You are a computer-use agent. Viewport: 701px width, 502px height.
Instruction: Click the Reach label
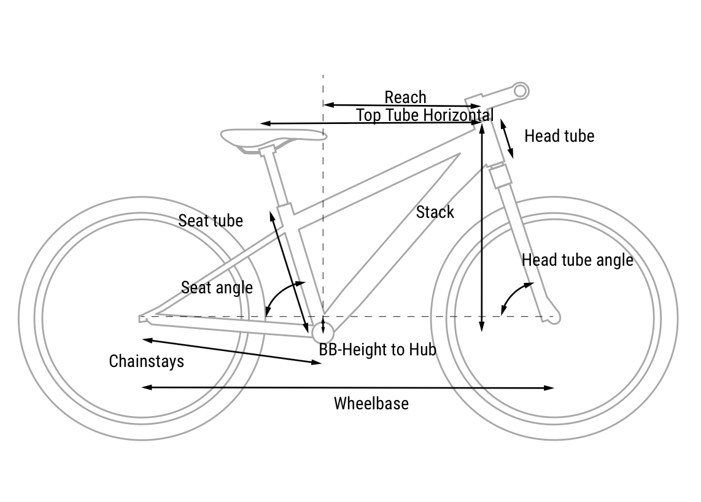click(405, 97)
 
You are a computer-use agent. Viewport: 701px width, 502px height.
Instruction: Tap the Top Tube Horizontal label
click(424, 115)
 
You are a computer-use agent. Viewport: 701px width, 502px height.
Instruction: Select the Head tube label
click(559, 136)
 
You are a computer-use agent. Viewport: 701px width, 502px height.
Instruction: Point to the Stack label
click(435, 212)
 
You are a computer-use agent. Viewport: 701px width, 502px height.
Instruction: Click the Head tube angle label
click(577, 260)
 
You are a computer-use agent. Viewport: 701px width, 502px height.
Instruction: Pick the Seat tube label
click(211, 220)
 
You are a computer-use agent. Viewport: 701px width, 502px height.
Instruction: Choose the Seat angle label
click(217, 287)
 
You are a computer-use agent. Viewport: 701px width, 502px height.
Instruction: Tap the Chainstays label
click(146, 361)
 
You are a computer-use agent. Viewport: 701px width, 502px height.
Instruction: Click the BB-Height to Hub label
click(377, 350)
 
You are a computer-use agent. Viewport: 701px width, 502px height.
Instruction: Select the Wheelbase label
click(371, 403)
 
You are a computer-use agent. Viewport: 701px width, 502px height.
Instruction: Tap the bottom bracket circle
click(323, 331)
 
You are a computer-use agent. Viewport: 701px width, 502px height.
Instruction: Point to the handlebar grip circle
click(521, 91)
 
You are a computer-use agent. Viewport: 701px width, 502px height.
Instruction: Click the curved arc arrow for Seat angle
click(280, 294)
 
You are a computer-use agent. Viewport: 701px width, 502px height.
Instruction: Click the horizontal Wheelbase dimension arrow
click(347, 388)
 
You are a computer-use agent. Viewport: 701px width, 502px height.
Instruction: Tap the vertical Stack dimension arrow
click(482, 227)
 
